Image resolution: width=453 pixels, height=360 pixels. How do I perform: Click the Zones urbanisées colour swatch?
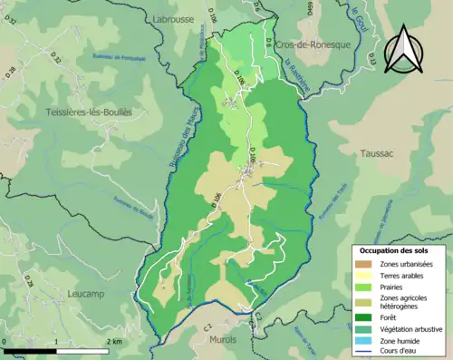pyautogui.click(x=368, y=264)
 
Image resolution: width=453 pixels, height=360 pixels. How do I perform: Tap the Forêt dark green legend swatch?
pyautogui.click(x=368, y=316)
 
